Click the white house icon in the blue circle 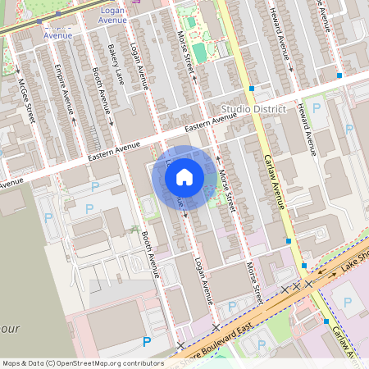coord(184,176)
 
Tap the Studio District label coord(253,109)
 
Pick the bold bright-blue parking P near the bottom coord(147,341)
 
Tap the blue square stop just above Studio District coord(252,88)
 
